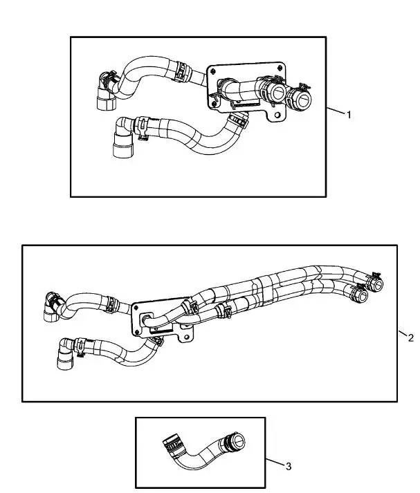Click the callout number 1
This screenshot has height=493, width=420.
click(349, 115)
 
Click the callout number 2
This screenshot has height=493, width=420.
click(410, 338)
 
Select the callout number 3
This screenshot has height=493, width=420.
click(288, 466)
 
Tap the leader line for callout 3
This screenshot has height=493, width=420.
click(275, 463)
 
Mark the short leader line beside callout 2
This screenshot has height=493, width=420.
click(403, 333)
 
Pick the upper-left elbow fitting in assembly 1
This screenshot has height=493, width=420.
click(107, 91)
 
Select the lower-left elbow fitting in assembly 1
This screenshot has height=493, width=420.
click(123, 138)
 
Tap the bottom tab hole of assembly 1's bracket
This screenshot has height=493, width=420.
click(277, 115)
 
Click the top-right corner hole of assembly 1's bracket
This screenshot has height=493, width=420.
click(280, 67)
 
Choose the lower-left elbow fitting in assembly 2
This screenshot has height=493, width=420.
click(66, 354)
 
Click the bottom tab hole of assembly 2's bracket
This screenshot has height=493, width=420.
click(187, 337)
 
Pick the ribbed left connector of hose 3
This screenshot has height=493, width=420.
click(173, 444)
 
